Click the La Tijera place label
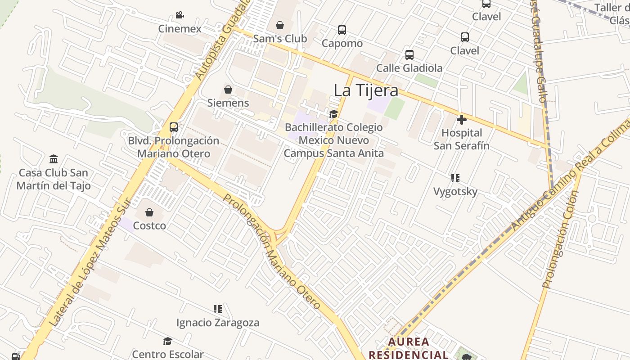365,90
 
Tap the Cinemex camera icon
180,15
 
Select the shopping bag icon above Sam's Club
280,25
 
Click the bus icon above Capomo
342,30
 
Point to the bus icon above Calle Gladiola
409,55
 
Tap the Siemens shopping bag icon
228,90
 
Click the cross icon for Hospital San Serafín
461,120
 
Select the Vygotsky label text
455,192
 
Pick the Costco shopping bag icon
149,212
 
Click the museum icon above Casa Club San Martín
54,159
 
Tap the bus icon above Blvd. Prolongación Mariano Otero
174,127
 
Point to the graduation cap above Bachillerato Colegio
333,114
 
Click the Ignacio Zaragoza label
218,323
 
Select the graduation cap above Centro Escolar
167,341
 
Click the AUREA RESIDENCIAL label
408,348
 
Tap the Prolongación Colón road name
560,239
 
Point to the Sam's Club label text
280,39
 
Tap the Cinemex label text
180,29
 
